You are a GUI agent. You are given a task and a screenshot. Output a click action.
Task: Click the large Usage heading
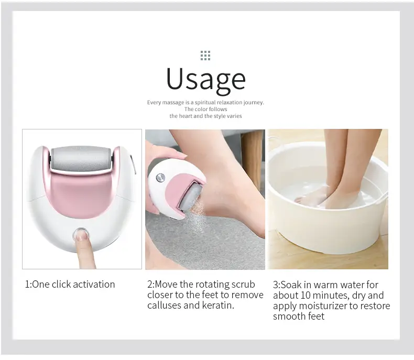(x=206, y=80)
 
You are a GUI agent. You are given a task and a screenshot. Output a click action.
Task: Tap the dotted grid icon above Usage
(x=205, y=56)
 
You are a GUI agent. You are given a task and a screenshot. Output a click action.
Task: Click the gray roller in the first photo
(x=81, y=159)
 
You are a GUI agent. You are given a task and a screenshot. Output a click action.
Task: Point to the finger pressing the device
(x=84, y=250)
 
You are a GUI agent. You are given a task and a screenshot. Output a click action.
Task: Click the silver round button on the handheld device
(x=160, y=178)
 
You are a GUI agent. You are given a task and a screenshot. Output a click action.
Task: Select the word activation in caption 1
(x=94, y=284)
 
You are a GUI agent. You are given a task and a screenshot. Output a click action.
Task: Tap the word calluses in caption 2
(x=164, y=305)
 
